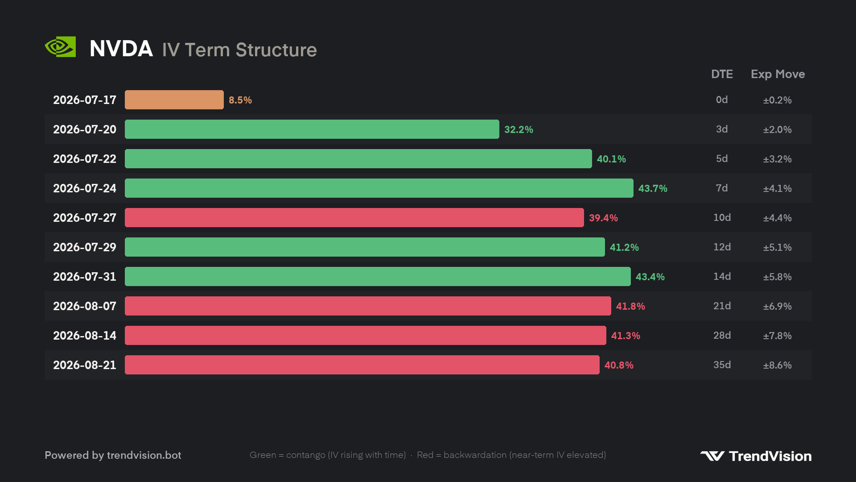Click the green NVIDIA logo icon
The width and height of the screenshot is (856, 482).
click(60, 47)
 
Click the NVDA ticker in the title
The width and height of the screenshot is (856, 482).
click(121, 49)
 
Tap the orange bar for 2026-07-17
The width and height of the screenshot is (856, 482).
click(174, 100)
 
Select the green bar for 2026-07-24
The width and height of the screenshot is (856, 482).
click(379, 188)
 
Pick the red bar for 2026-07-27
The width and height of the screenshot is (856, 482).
click(354, 218)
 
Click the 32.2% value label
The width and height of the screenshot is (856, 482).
click(519, 129)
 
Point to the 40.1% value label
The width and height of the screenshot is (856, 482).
click(611, 159)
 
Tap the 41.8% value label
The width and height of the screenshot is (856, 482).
click(630, 306)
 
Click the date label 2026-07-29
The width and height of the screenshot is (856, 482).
click(85, 247)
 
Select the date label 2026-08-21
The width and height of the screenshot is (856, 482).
click(85, 365)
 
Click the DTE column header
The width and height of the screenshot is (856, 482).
click(722, 74)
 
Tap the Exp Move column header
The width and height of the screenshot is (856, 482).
click(778, 75)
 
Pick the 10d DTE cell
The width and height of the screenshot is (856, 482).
click(722, 217)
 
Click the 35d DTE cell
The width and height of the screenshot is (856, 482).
click(722, 365)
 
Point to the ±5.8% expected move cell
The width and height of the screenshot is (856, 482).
click(777, 277)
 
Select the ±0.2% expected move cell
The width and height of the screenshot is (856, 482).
click(777, 100)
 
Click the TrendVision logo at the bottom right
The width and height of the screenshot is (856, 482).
click(756, 456)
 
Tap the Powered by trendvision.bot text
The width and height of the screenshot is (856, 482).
click(113, 455)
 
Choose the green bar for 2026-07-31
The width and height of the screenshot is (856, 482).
click(378, 277)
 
